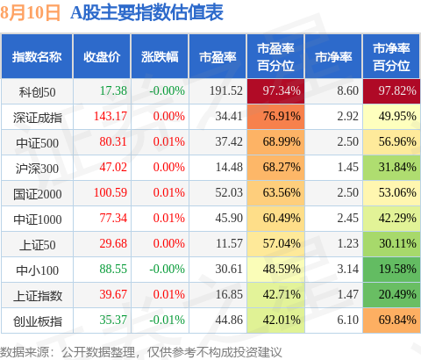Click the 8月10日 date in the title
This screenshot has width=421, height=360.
(30, 13)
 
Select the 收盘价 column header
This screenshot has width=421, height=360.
(102, 57)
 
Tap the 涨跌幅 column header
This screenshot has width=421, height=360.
(160, 57)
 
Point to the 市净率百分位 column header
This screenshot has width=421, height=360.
(391, 57)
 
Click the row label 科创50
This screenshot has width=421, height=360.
(37, 92)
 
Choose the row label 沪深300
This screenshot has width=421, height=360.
(37, 169)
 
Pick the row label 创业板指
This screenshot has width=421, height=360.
(38, 321)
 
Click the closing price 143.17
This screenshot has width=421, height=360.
(111, 116)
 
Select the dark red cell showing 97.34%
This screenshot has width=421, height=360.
(275, 91)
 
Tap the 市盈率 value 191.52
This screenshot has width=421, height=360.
(226, 90)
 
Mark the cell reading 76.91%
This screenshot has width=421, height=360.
(275, 117)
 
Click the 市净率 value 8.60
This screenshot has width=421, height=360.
(347, 90)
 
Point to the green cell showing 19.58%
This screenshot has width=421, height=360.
(391, 270)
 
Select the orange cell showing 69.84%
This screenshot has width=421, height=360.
(391, 320)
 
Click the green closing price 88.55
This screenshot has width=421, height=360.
(113, 269)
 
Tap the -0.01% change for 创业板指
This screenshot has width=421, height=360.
(167, 320)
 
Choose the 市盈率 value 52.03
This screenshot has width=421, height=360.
(229, 192)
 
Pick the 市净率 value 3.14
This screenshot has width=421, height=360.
(347, 269)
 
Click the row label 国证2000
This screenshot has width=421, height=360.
(38, 194)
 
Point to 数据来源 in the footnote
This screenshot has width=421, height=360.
(25, 352)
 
